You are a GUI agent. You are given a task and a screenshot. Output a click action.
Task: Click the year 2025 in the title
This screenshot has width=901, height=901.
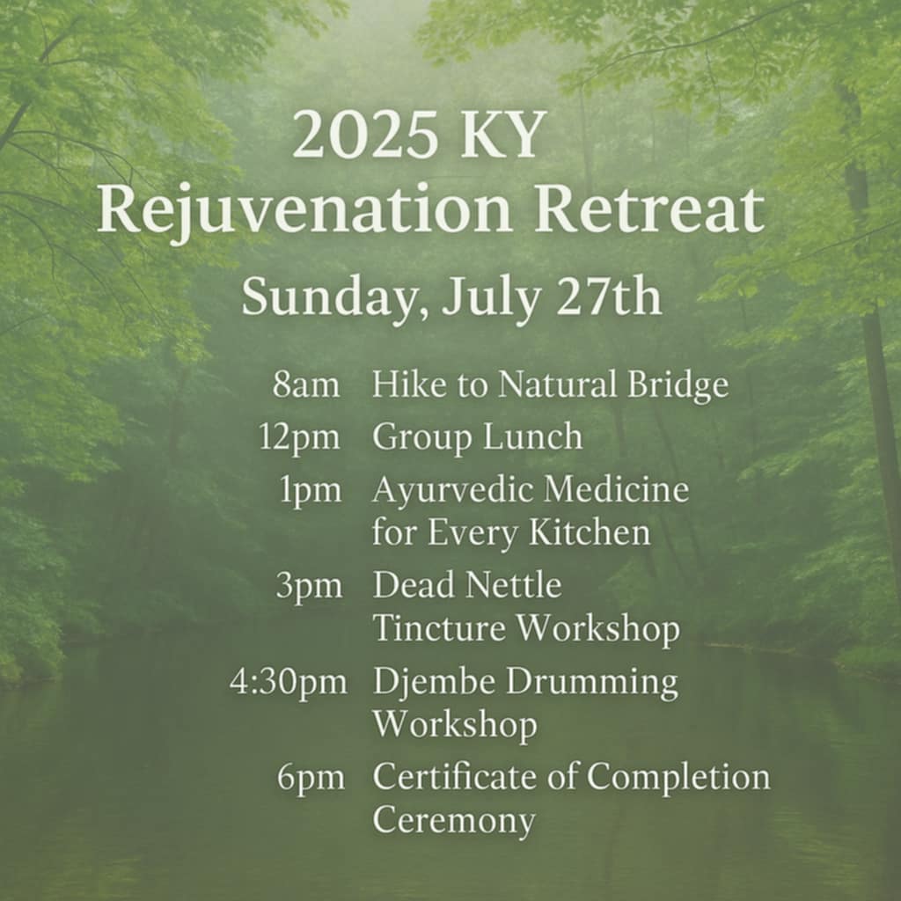click(364, 136)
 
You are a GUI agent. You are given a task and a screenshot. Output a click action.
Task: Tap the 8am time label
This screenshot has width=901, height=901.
click(305, 385)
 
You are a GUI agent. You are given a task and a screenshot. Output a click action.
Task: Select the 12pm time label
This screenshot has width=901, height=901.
click(299, 439)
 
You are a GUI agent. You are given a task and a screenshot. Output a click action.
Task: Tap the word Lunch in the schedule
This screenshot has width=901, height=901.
click(532, 436)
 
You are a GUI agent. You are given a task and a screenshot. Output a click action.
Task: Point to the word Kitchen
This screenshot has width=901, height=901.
click(590, 532)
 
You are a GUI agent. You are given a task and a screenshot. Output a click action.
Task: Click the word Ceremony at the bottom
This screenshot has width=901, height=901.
click(454, 822)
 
